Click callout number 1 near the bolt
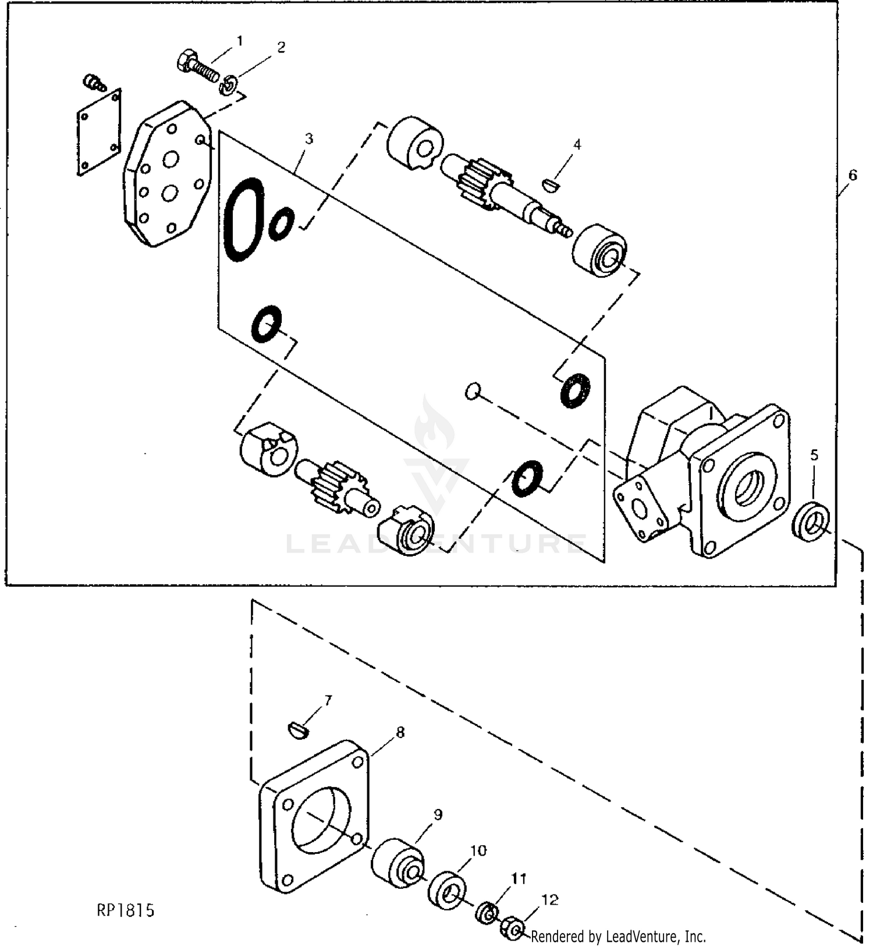[239, 41]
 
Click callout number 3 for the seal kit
[309, 139]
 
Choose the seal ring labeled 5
[812, 522]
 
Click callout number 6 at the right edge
[852, 175]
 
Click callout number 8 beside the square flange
[400, 732]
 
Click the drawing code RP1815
[126, 910]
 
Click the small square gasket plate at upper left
[99, 133]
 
